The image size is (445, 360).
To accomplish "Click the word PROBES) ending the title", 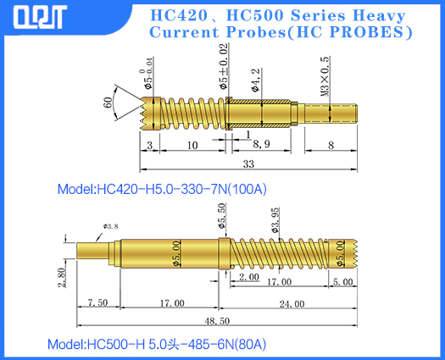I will point(374,33).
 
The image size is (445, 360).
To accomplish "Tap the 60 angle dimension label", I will point(108,102).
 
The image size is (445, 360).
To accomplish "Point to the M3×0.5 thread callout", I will point(325,78).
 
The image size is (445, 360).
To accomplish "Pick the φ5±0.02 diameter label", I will point(223,69).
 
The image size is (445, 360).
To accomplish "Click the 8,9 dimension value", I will point(262,145).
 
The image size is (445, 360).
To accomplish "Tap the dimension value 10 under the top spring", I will point(192,145).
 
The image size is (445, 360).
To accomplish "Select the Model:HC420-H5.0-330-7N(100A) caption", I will point(167,188).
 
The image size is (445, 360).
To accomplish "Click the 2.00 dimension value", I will point(248,277).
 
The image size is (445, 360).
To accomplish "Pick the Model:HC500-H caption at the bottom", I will point(157,345).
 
